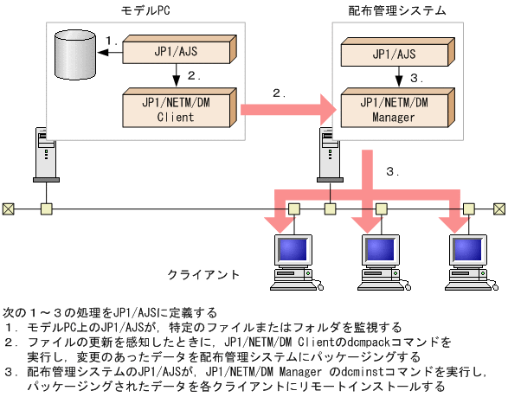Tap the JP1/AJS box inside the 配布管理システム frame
(x=395, y=54)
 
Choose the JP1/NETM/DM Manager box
(x=395, y=109)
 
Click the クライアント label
(x=203, y=274)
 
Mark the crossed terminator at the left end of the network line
(x=8, y=208)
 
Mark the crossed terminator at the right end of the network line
(x=499, y=208)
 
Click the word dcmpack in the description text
(x=353, y=342)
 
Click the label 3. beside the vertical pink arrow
(x=393, y=171)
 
